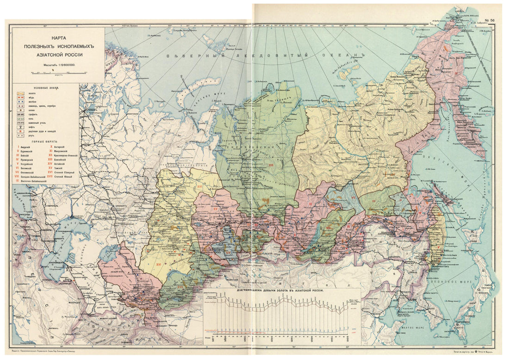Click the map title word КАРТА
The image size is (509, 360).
tap(59, 40)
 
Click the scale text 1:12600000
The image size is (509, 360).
tap(65, 65)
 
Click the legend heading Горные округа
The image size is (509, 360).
tap(44, 142)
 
